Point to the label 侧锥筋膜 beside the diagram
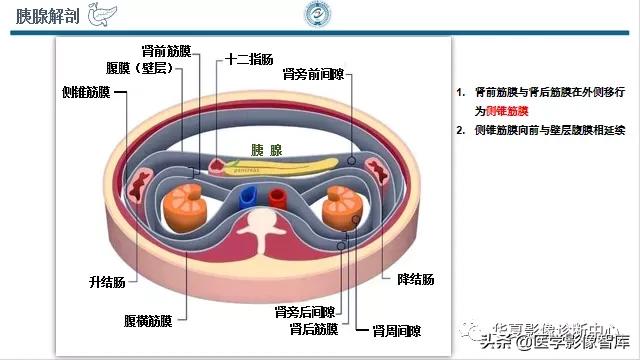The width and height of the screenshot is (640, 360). click(x=84, y=92)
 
